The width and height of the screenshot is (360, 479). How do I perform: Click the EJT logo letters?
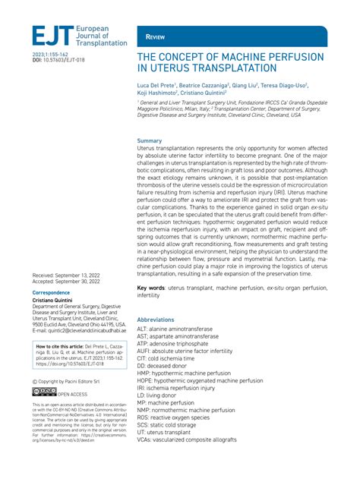click(51, 36)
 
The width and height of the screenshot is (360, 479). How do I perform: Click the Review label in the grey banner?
click(156, 36)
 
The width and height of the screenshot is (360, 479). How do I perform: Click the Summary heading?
click(149, 141)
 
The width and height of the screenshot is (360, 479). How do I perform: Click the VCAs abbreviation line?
click(198, 462)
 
